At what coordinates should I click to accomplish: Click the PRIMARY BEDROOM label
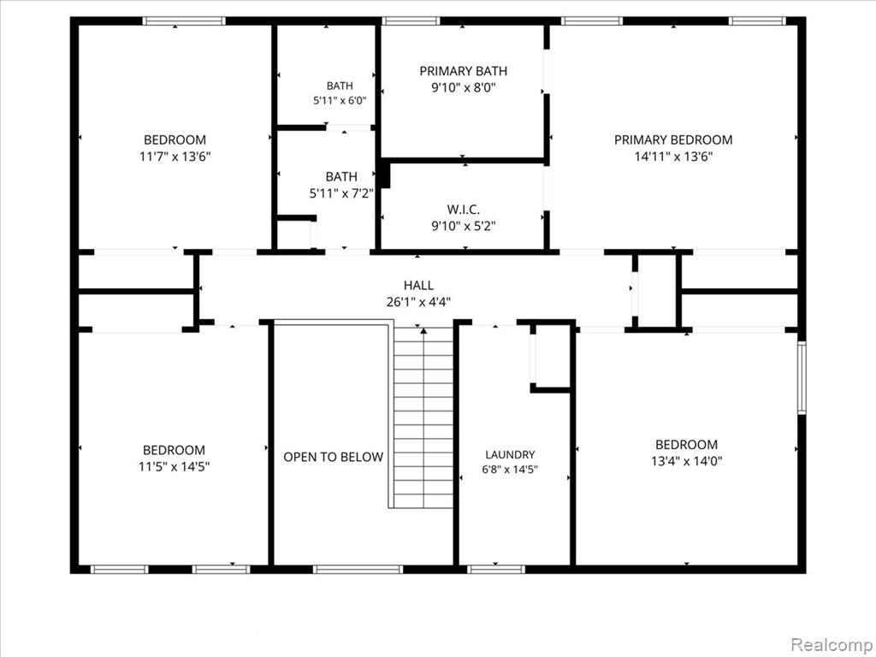pos(673,139)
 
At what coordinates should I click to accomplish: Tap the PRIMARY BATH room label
pos(463,71)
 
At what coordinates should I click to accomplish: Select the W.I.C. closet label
pos(463,210)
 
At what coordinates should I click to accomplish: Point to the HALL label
pos(418,286)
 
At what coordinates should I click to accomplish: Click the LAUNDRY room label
pos(510,455)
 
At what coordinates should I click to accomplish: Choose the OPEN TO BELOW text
pos(333,457)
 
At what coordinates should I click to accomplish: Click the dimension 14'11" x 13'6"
pos(673,157)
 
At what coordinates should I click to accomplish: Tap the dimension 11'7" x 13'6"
pos(175,157)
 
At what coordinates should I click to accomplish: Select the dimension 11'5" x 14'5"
pos(174,466)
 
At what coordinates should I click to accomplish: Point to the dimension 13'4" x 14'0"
pos(687,461)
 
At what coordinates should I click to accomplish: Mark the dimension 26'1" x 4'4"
pos(418,302)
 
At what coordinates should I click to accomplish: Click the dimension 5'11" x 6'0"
pos(340,101)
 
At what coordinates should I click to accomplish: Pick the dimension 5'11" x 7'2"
pos(341,193)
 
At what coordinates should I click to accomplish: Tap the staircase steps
pos(423,417)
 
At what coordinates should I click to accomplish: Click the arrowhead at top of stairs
pos(423,331)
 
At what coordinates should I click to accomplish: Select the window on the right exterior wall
pos(802,377)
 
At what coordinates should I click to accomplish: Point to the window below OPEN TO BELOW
pos(358,569)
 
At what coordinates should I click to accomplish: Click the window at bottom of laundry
pos(496,569)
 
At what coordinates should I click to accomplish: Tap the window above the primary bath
pos(411,21)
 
